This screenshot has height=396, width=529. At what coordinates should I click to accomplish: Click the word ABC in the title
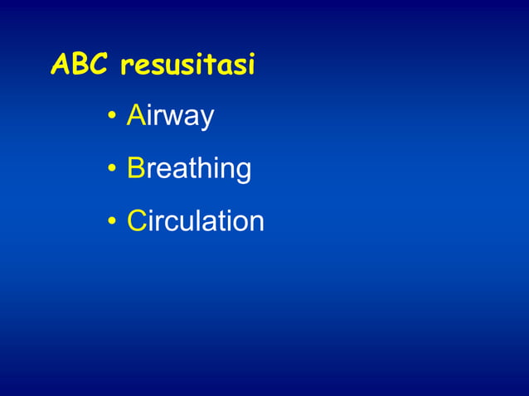(80, 65)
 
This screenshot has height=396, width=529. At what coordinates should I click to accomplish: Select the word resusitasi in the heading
(187, 66)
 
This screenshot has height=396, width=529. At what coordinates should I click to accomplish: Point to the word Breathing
(189, 169)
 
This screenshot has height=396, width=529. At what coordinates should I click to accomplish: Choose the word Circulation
(196, 220)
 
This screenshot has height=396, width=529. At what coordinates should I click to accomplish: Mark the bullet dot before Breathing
(111, 171)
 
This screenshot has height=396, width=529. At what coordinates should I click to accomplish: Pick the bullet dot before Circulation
(111, 222)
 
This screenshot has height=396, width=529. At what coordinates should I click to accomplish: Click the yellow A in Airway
(135, 117)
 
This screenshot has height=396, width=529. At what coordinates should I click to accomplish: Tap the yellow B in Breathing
(136, 168)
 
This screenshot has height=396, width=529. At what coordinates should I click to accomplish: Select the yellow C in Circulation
(137, 220)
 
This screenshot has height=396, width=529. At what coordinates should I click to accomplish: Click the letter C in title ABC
(101, 65)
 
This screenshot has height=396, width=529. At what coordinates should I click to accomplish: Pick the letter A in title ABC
(61, 65)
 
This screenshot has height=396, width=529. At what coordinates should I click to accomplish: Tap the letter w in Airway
(173, 119)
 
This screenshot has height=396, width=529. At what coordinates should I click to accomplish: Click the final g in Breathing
(243, 172)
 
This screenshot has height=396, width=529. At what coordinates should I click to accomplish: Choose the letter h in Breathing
(205, 168)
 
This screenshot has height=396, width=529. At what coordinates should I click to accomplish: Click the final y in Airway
(206, 122)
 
